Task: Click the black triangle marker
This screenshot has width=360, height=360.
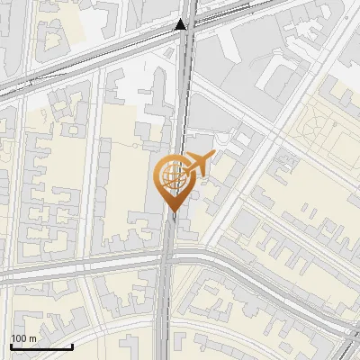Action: point(182,24)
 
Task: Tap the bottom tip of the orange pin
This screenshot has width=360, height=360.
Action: point(171,210)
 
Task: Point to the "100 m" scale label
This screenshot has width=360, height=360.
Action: point(23,337)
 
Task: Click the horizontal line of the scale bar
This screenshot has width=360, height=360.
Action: point(41,346)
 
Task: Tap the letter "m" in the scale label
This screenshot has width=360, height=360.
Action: point(32,337)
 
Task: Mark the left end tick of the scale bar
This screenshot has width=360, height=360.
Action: point(11,345)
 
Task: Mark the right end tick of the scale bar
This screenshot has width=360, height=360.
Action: point(72,345)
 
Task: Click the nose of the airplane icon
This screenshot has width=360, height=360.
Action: point(213,157)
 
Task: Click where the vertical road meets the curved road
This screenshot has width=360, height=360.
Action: point(167,261)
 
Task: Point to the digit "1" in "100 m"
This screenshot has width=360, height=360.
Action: point(13,337)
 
